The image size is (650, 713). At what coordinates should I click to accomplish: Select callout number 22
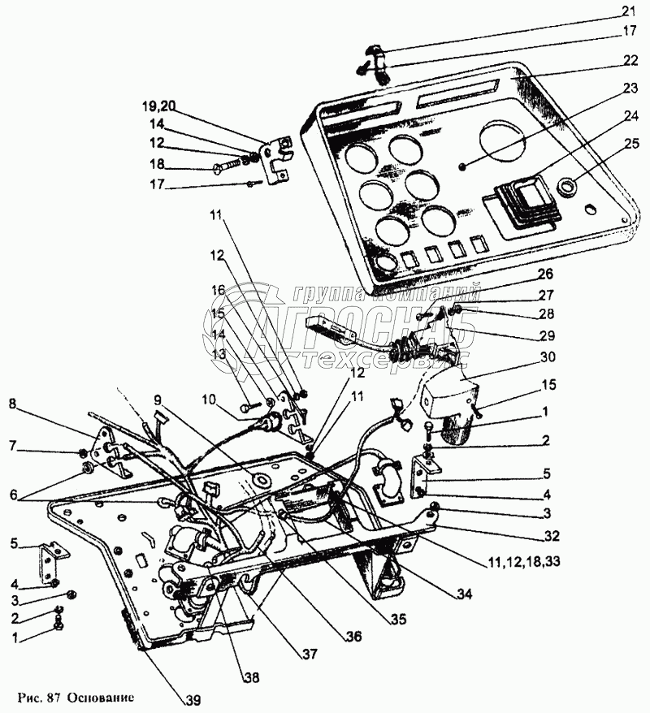(x=630, y=60)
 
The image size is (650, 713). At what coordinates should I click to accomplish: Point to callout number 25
(x=630, y=144)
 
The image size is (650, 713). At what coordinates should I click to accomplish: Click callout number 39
(x=193, y=700)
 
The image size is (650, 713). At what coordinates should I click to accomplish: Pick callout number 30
(x=546, y=357)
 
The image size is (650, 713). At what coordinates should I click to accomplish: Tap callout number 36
(x=353, y=636)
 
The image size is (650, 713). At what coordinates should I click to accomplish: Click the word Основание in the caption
(x=101, y=698)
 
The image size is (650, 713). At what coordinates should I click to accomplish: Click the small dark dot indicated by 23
(x=462, y=167)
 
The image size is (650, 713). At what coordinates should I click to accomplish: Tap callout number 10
(x=210, y=400)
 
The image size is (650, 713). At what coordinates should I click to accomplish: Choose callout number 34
(x=463, y=594)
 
